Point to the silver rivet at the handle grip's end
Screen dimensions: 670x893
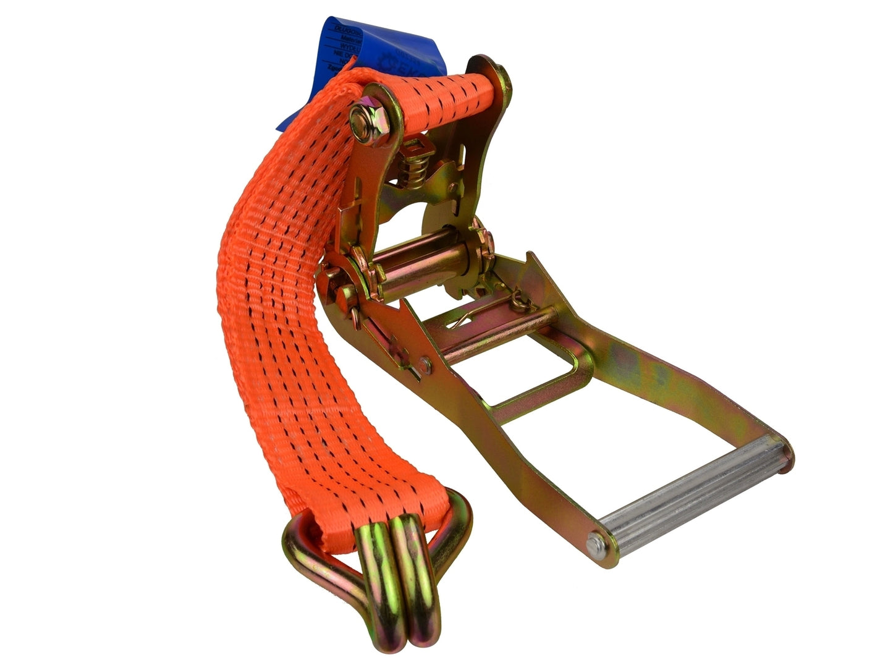tap(595, 546)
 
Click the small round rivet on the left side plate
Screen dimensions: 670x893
tap(426, 365)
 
